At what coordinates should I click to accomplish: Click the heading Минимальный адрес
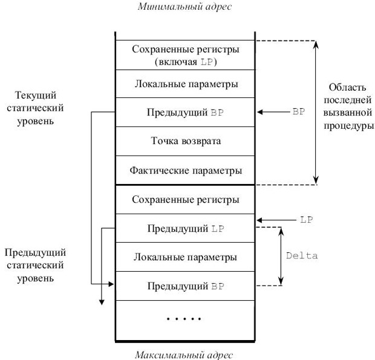pos(185,7)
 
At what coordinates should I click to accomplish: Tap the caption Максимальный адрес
pos(185,354)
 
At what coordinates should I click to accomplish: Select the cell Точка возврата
pos(185,141)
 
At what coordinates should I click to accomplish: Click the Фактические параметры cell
pos(185,170)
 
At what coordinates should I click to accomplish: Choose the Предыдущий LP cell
pos(185,228)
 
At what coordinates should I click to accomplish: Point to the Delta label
pos(302,255)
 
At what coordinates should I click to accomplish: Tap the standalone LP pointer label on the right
pos(305,220)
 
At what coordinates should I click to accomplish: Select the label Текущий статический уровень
pos(36,108)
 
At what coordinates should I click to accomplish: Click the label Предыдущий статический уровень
pos(35,265)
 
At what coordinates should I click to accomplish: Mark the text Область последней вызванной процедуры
pos(347,106)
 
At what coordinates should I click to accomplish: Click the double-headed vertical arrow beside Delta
pos(281,256)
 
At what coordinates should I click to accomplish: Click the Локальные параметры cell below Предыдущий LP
pos(185,257)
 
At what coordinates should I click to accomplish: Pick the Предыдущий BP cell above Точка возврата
pos(185,113)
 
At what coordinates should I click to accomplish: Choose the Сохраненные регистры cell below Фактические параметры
pos(185,199)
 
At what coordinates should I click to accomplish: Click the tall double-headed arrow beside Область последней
pos(316,112)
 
